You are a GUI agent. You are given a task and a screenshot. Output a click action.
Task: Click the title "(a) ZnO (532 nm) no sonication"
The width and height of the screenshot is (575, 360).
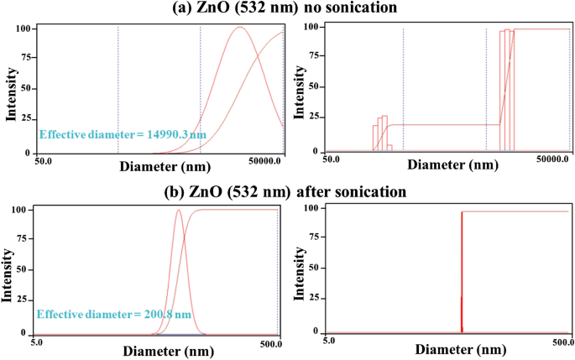tap(286, 8)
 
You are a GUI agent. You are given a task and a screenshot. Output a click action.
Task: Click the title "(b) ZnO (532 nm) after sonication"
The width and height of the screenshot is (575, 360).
tap(286, 191)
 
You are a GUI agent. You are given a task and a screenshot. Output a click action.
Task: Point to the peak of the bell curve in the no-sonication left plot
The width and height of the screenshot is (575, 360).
tap(240, 28)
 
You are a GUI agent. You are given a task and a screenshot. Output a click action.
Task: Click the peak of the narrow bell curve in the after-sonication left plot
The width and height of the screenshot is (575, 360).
tap(179, 211)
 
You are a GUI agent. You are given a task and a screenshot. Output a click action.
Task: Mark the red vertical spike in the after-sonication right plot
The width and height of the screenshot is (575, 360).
tap(462, 269)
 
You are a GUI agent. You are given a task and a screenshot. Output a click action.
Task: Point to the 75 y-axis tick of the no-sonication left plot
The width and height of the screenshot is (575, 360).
tap(24, 58)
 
